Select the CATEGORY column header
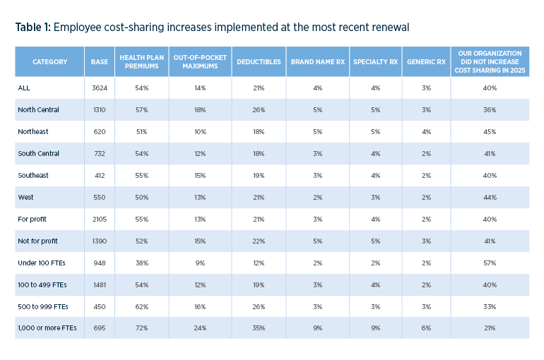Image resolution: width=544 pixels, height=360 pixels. coord(49,62)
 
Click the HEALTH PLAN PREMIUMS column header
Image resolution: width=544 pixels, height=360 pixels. coord(141,62)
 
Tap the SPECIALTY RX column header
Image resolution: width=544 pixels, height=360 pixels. coord(375,62)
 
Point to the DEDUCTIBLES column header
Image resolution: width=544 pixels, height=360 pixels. coord(258,62)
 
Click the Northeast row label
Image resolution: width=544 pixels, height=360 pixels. coord(32,132)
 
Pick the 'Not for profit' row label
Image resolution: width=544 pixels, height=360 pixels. coord(37,241)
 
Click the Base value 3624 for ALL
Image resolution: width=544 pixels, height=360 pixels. coord(100,88)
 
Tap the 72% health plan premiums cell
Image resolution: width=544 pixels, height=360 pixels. coord(141,329)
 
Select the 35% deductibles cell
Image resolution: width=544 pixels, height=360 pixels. coord(258,329)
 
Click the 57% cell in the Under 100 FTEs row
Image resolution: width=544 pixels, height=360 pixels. coord(490,263)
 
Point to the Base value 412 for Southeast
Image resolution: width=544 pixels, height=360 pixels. coord(100,176)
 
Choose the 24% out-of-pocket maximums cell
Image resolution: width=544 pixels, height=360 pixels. coord(200,329)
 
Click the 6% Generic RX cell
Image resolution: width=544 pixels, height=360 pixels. coord(426,329)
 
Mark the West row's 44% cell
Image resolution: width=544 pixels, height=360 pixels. coord(490,198)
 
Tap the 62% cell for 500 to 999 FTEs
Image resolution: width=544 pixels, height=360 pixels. coord(141,307)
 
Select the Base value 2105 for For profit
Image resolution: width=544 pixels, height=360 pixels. coord(100,220)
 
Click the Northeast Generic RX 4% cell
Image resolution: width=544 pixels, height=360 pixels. coord(426,132)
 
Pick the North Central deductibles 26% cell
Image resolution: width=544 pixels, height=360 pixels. coord(258,110)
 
